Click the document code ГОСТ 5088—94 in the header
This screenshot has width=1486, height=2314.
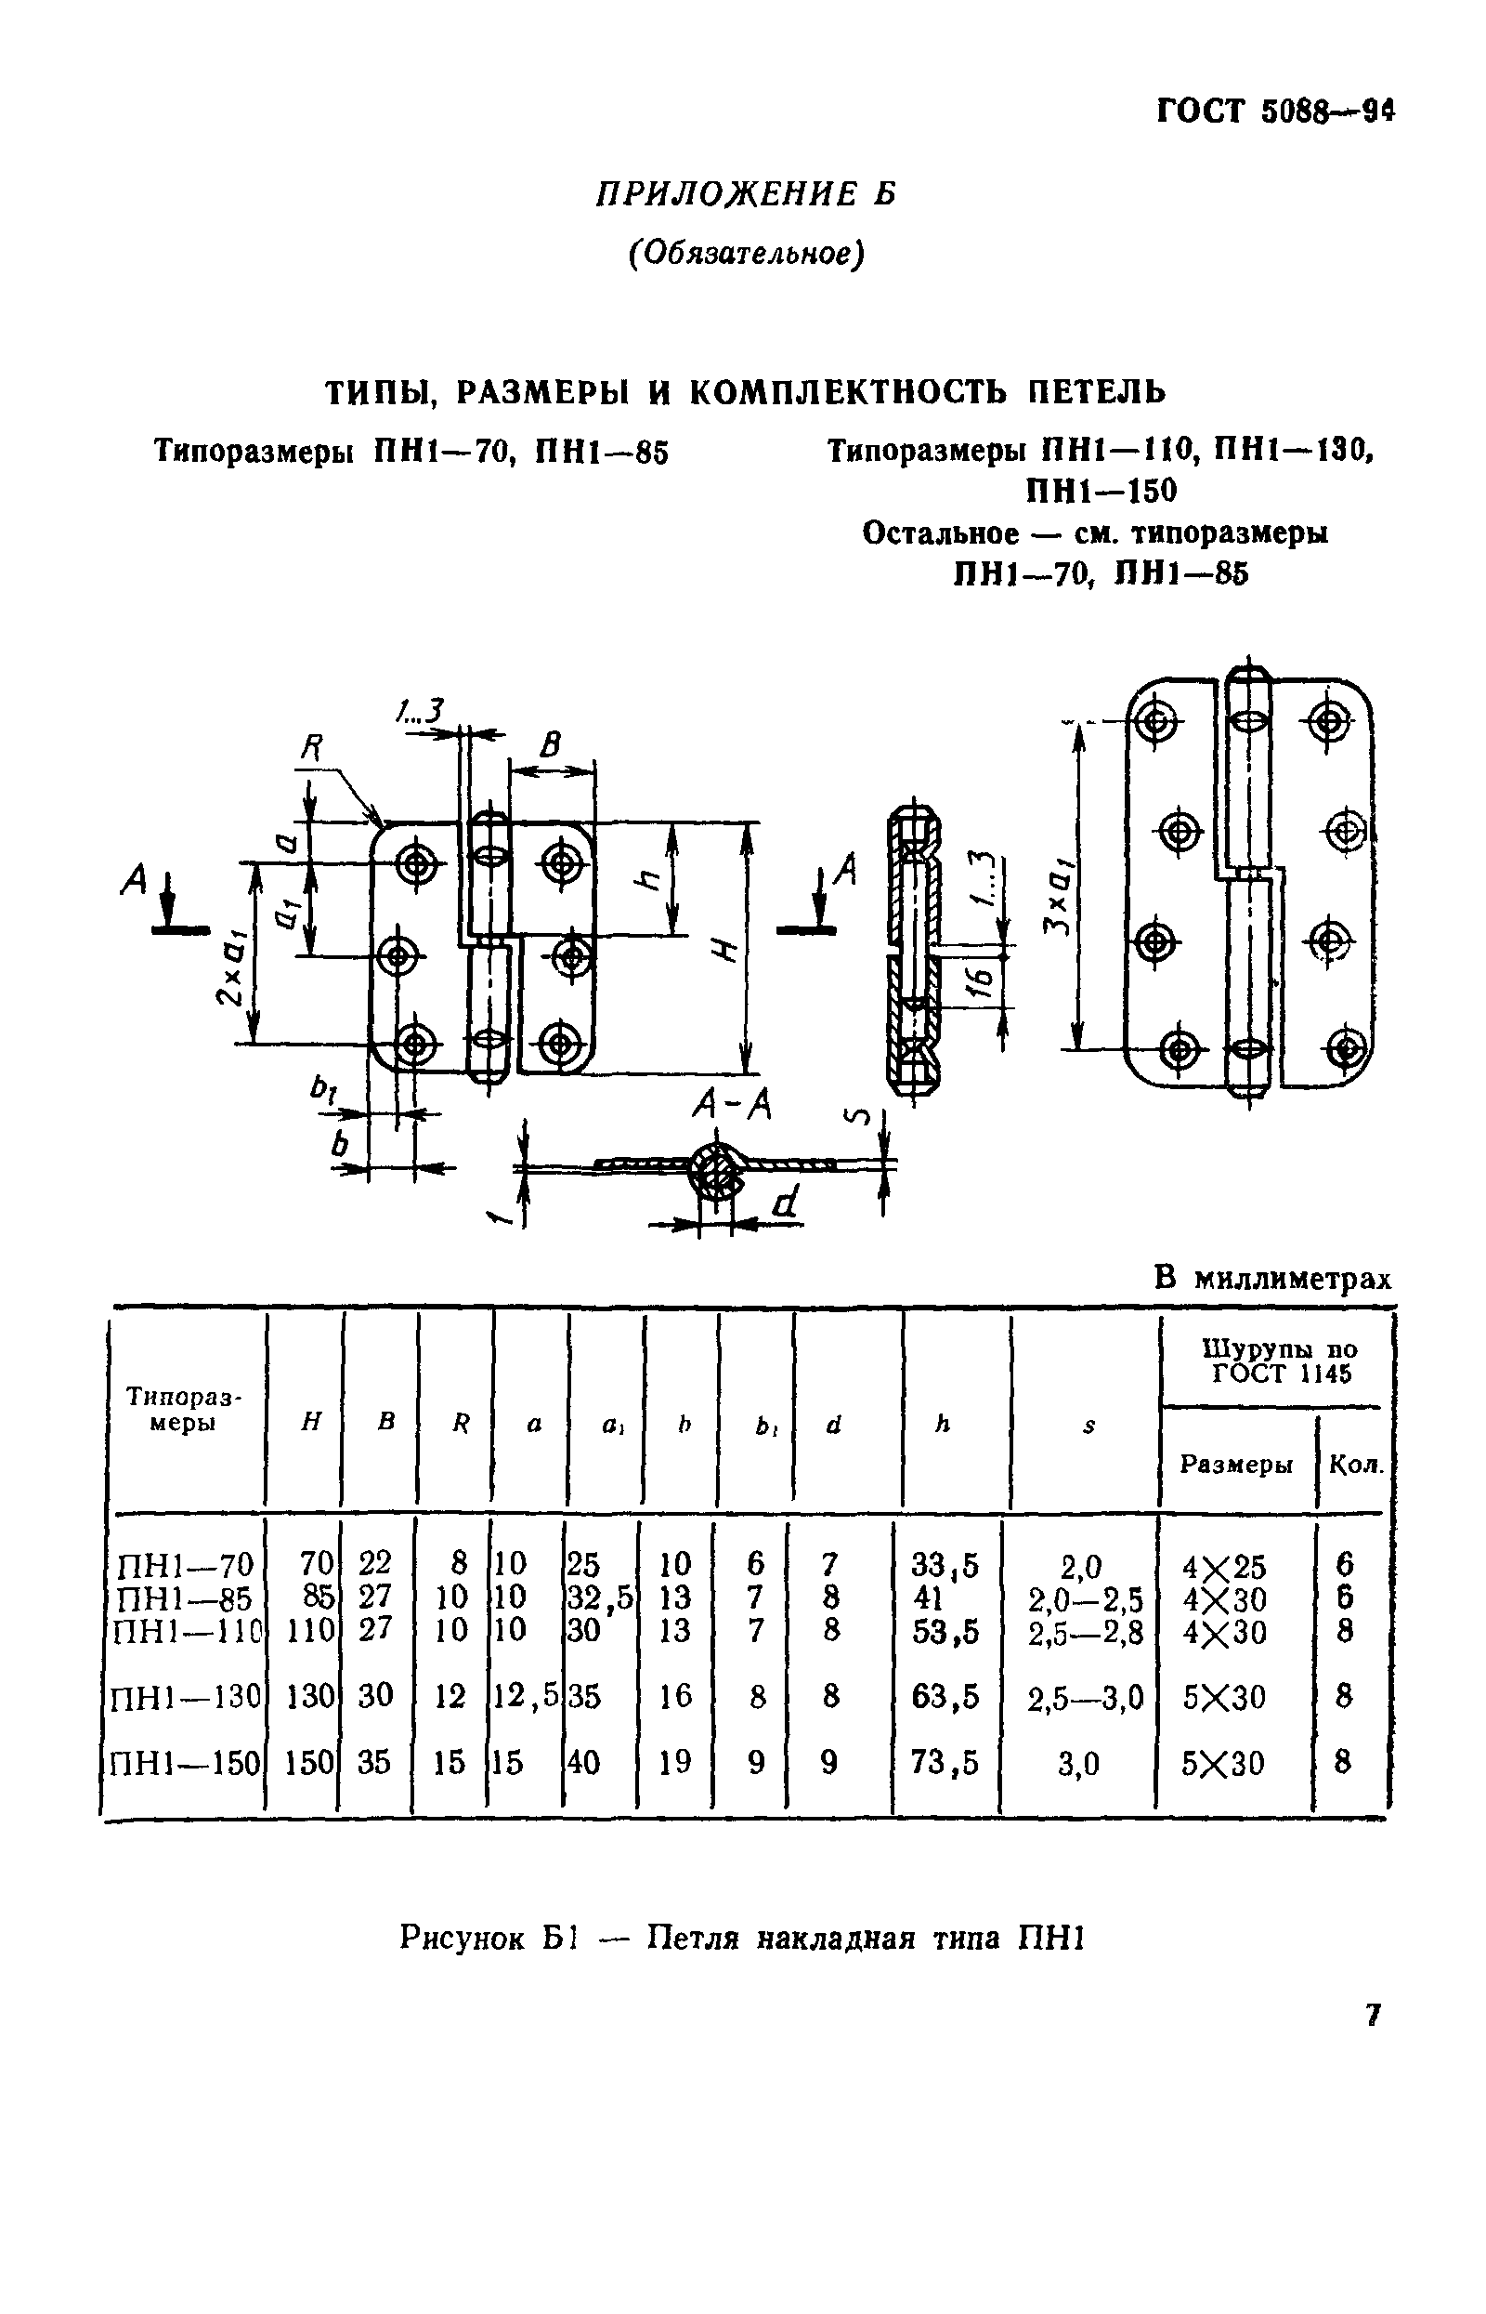[1276, 112]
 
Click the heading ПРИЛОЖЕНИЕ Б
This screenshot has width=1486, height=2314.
[745, 194]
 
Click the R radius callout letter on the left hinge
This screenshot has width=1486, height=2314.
[311, 747]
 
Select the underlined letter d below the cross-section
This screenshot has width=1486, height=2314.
[787, 1203]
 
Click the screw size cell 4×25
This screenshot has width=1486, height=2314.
[1223, 1566]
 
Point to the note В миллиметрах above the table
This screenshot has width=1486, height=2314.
[1272, 1279]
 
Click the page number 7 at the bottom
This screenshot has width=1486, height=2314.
[1374, 2015]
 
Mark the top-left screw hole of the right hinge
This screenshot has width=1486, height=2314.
[1156, 720]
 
